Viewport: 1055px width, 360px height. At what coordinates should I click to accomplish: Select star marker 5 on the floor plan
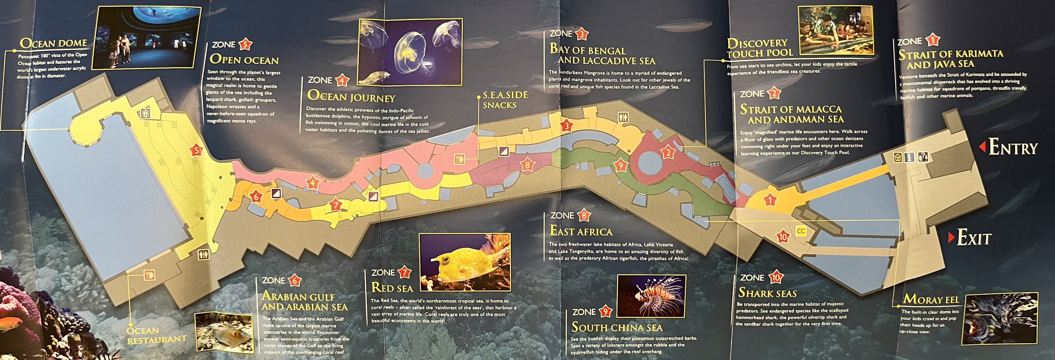(197, 150)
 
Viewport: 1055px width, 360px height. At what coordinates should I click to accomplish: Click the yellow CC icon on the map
(801, 231)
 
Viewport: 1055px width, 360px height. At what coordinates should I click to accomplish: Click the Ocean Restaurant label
(156, 335)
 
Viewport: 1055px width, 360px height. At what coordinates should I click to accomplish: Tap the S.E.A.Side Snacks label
(505, 100)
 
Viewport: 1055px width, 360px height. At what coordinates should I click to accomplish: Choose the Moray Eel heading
(931, 299)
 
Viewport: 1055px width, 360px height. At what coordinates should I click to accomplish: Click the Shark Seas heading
(767, 293)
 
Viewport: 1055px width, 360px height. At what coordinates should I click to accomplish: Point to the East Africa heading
(581, 231)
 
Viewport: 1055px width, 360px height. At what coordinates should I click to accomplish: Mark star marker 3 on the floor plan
(567, 126)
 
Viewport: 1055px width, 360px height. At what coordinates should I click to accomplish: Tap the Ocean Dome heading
(53, 43)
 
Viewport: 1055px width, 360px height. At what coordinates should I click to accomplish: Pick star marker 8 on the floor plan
(527, 165)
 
